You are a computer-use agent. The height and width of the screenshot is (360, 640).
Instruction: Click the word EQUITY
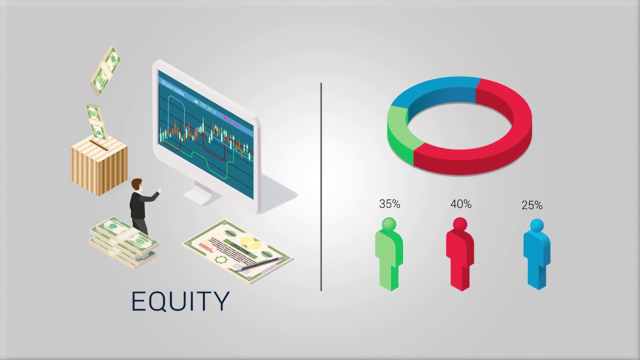pyautogui.click(x=180, y=301)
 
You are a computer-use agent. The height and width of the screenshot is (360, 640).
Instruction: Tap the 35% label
pyautogui.click(x=389, y=204)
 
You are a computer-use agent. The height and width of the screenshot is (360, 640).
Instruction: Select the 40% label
pyautogui.click(x=460, y=204)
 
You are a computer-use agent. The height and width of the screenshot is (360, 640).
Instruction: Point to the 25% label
pyautogui.click(x=531, y=205)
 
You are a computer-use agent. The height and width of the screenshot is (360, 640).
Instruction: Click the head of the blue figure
pyautogui.click(x=536, y=224)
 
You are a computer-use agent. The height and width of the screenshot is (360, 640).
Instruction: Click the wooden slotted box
pyautogui.click(x=99, y=165)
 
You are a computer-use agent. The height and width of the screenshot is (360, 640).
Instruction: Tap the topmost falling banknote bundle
pyautogui.click(x=105, y=69)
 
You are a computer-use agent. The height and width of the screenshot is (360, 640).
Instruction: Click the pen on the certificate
pyautogui.click(x=260, y=264)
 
